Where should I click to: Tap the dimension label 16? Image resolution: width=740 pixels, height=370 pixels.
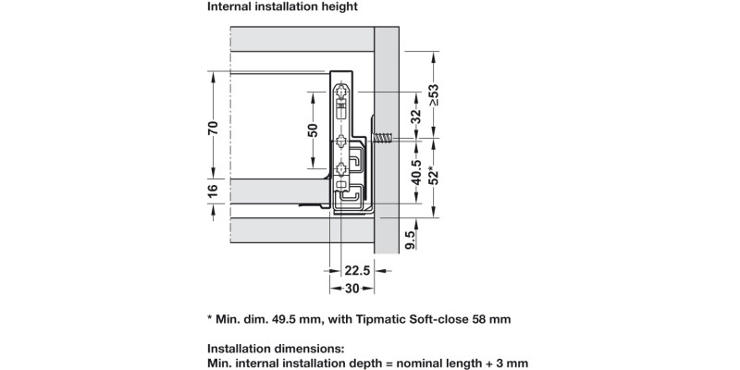tap(212, 191)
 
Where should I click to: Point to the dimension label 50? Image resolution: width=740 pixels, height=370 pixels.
tap(313, 131)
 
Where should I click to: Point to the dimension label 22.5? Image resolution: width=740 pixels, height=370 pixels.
tap(358, 271)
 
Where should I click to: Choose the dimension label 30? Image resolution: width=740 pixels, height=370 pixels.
tap(351, 289)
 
